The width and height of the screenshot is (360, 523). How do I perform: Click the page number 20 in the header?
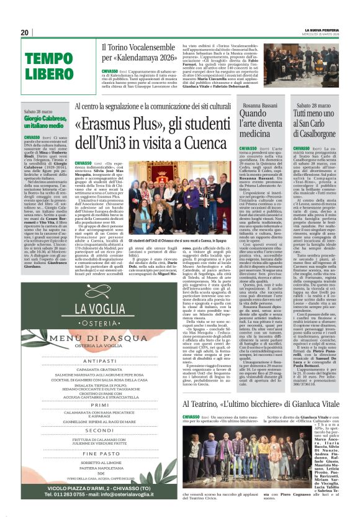25,33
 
